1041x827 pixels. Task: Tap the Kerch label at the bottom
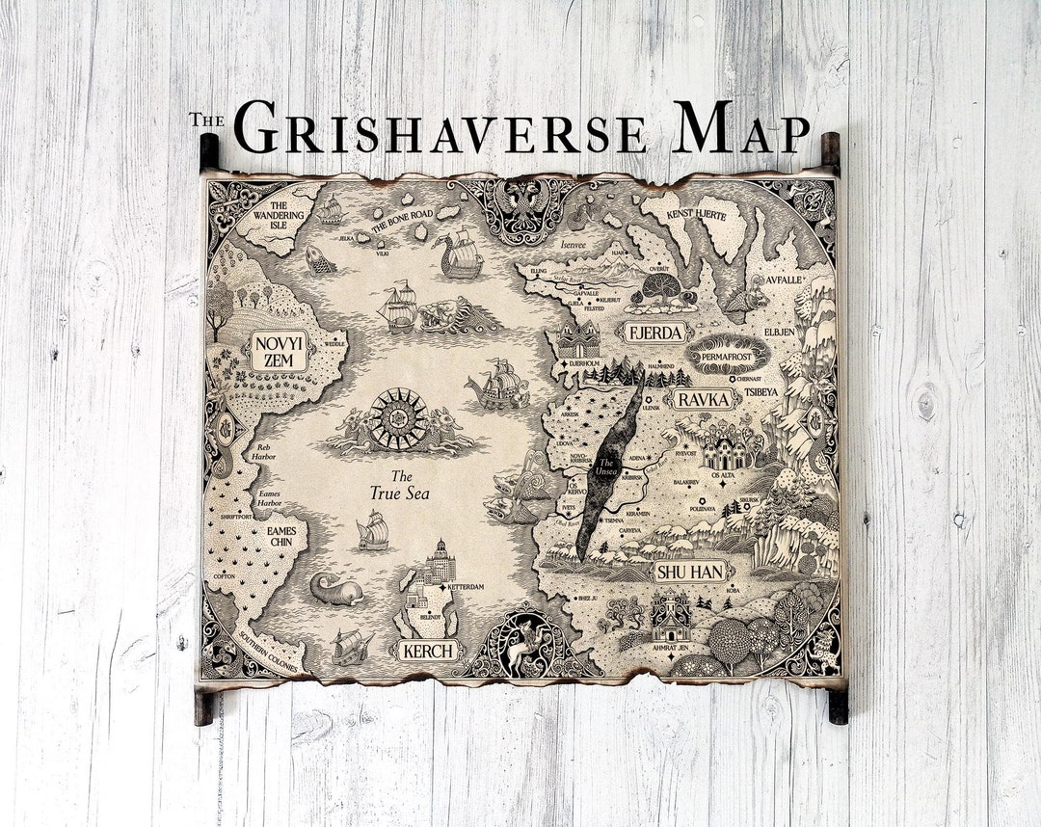click(x=427, y=651)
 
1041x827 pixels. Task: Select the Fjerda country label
click(x=655, y=333)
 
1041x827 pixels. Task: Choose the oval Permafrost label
click(x=728, y=354)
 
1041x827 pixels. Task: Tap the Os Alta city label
click(x=723, y=472)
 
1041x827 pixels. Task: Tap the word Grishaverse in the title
click(x=440, y=129)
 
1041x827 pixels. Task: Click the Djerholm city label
click(x=584, y=363)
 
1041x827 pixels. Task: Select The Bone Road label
click(x=403, y=219)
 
